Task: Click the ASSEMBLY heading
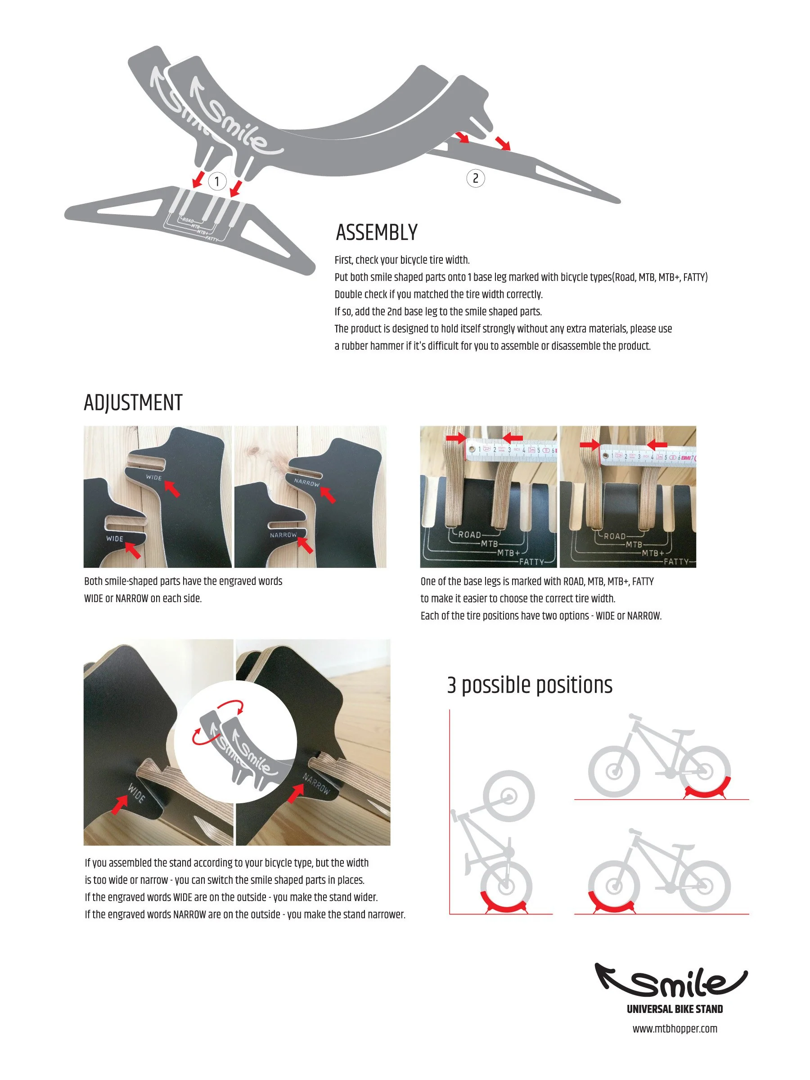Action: (377, 232)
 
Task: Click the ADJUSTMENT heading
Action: (133, 403)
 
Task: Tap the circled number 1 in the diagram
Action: (217, 182)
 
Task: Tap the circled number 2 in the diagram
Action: (475, 178)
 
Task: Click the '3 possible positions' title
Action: (529, 685)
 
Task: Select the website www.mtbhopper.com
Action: (674, 1029)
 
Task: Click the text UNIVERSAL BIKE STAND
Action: (674, 1009)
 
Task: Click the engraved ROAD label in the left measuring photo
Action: (469, 535)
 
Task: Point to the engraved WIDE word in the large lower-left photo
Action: (136, 793)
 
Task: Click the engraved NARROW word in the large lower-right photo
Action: (316, 783)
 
